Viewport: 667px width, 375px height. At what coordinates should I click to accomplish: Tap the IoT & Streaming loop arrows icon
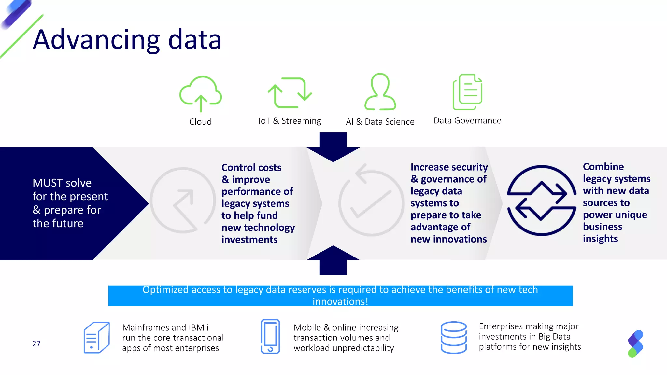[x=290, y=92]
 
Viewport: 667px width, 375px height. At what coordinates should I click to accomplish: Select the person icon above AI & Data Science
[x=380, y=92]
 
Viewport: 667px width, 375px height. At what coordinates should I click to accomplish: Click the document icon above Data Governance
[x=467, y=92]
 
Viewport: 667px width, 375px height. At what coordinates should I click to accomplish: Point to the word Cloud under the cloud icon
[x=200, y=122]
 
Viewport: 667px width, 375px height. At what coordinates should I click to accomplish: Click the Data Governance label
[x=467, y=121]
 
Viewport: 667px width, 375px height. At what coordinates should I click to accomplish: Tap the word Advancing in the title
[x=96, y=40]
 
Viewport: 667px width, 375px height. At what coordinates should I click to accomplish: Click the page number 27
[x=36, y=344]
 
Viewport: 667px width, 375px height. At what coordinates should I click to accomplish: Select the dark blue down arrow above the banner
[x=333, y=146]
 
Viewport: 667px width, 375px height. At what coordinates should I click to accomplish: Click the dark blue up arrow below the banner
[x=333, y=260]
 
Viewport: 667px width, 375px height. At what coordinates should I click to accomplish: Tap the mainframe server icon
[x=96, y=338]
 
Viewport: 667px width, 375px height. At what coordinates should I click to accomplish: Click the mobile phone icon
[x=270, y=336]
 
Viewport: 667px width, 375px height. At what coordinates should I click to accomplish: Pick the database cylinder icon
[x=454, y=338]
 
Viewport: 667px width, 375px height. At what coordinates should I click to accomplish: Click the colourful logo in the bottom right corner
[x=635, y=344]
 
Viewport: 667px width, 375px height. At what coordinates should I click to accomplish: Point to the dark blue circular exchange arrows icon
[x=541, y=200]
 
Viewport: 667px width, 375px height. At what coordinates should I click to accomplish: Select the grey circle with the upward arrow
[x=183, y=200]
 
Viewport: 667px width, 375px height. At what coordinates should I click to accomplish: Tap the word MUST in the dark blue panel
[x=46, y=183]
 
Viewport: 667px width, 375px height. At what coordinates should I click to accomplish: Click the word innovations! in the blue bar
[x=340, y=302]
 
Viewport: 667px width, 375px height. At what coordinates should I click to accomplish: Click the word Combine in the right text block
[x=603, y=167]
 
